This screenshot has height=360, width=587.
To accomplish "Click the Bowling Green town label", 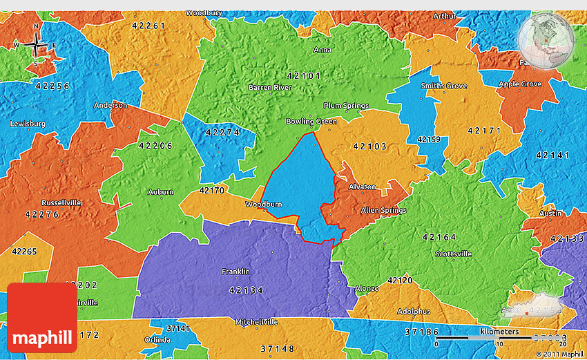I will (x=311, y=122).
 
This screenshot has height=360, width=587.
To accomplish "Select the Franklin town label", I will (x=235, y=272).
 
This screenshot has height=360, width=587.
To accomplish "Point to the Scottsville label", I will (x=453, y=254).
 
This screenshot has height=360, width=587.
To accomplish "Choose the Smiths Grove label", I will (x=444, y=86).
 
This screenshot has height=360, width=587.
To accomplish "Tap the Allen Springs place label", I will (x=383, y=210).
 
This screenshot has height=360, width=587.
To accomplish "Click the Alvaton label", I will (x=363, y=187).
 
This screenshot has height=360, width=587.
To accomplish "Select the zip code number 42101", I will (x=302, y=75).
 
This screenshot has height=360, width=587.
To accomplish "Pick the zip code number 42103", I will (x=369, y=146).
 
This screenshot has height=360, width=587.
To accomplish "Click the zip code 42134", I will (x=246, y=290).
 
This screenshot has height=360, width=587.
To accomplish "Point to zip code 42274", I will (x=222, y=131).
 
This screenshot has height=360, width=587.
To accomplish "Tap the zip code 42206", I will (x=155, y=146).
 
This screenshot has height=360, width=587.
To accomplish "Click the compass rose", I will (x=36, y=46).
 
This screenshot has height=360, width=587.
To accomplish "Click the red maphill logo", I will (x=42, y=318).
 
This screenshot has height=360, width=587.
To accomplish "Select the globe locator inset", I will (x=545, y=39).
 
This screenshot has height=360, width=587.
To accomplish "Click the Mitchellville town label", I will (x=256, y=322).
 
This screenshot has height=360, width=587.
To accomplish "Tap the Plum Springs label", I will (x=346, y=106).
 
